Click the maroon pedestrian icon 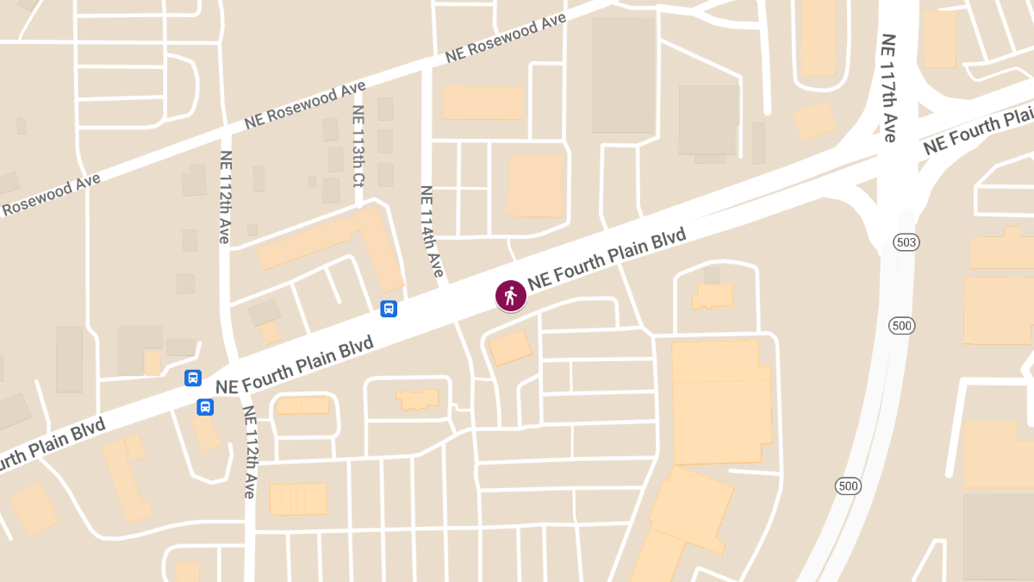[x=510, y=296]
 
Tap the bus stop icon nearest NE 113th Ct [x=389, y=308]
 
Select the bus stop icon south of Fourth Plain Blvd [x=205, y=407]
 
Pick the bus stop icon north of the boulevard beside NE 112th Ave [x=193, y=378]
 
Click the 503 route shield [x=906, y=242]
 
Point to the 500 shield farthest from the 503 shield [x=848, y=486]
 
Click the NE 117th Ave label [x=889, y=88]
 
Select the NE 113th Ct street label [x=358, y=156]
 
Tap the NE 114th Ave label [x=432, y=231]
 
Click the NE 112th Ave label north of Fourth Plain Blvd [x=225, y=197]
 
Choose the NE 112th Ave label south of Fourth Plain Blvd [x=249, y=452]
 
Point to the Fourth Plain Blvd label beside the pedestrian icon [x=607, y=259]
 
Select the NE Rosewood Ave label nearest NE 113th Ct [x=305, y=105]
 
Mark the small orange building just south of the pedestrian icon [x=509, y=348]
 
